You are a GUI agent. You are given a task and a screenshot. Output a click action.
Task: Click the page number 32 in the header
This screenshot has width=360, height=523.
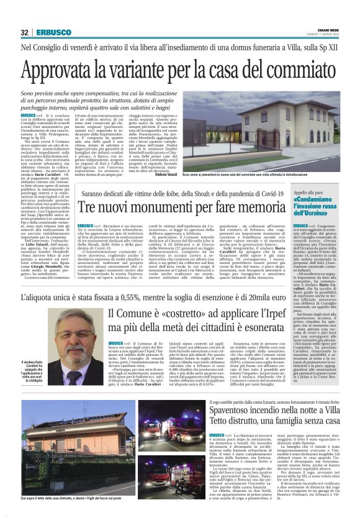click(x=24, y=32)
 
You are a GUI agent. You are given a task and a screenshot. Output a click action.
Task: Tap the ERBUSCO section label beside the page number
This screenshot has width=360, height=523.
click(x=49, y=32)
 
